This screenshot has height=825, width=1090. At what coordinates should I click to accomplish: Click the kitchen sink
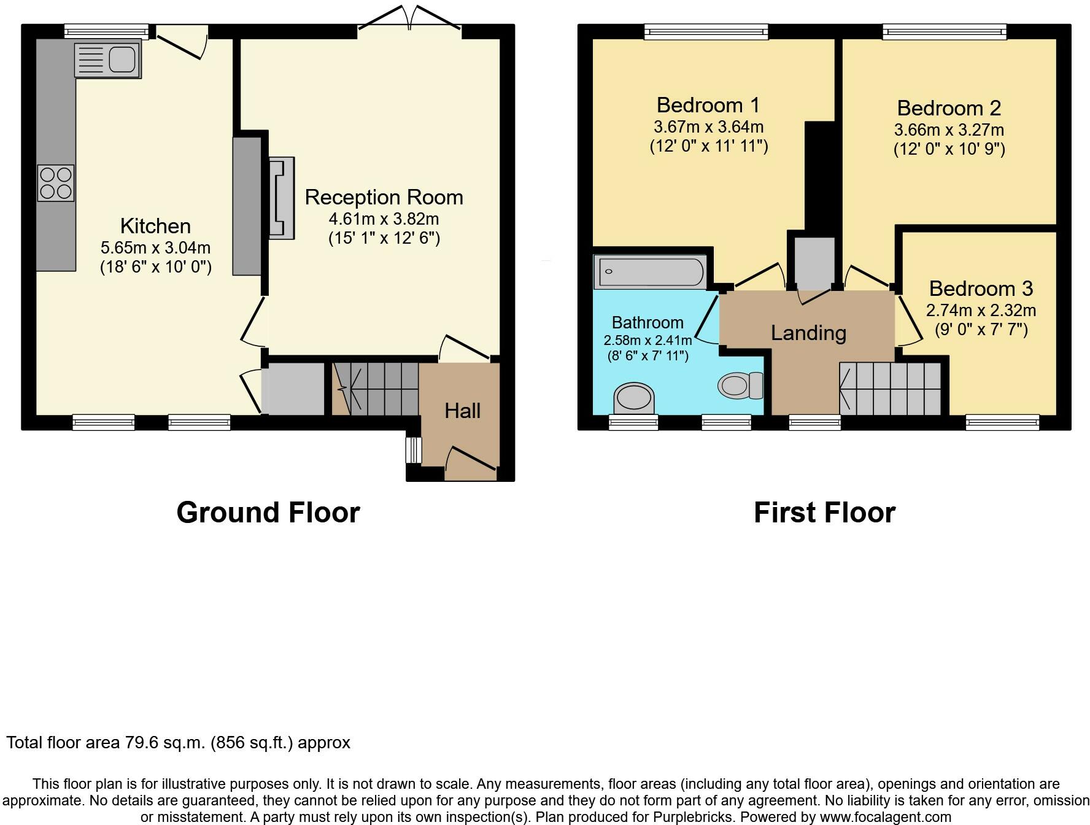click(x=107, y=60)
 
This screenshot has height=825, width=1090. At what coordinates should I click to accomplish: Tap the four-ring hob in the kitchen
click(x=56, y=183)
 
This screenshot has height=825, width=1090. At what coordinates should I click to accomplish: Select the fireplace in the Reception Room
click(x=282, y=197)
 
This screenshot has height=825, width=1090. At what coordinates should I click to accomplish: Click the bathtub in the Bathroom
click(x=651, y=273)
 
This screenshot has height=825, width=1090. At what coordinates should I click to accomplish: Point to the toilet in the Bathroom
click(x=741, y=385)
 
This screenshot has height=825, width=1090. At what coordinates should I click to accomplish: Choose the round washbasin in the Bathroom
click(x=634, y=398)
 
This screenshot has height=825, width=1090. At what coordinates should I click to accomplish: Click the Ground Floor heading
click(x=268, y=513)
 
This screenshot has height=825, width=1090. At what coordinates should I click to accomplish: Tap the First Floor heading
click(x=824, y=513)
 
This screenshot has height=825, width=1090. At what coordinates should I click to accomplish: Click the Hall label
click(x=463, y=411)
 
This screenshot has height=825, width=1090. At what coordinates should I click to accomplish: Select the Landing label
click(x=808, y=333)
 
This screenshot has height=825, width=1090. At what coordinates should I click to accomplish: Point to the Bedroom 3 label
click(x=981, y=288)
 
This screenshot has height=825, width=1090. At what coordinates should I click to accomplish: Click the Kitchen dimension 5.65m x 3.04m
click(x=155, y=248)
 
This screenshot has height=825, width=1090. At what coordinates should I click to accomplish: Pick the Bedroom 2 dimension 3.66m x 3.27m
click(x=949, y=130)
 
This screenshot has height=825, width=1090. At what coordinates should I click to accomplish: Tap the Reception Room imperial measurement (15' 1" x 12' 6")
click(x=384, y=238)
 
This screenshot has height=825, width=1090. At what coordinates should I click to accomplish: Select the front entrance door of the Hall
click(x=470, y=464)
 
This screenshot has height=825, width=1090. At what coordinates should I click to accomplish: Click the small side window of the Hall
click(x=414, y=449)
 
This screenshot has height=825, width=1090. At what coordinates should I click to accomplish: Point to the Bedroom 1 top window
click(x=706, y=31)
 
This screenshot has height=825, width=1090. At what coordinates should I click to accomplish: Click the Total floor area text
click(x=178, y=743)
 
